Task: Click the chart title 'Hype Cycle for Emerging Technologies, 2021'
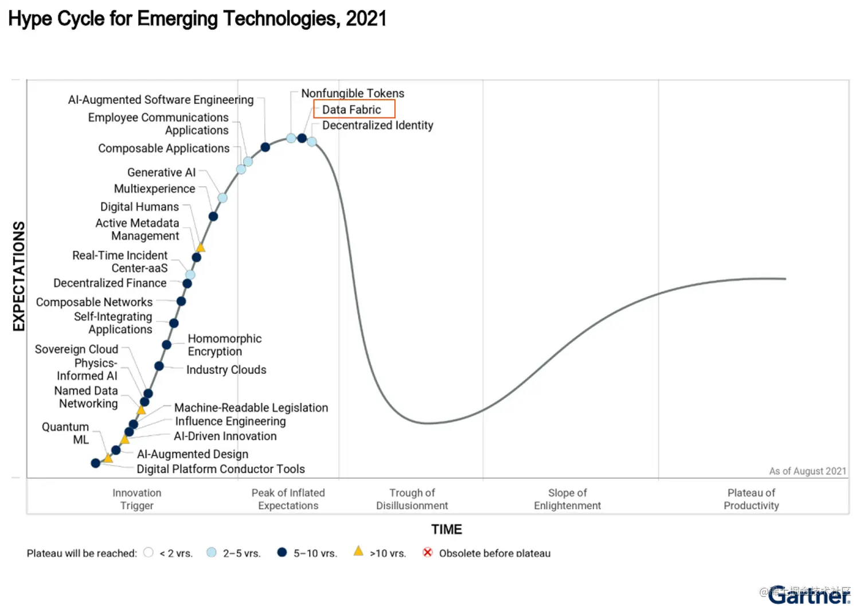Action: coord(197,19)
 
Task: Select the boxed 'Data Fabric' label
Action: coord(352,110)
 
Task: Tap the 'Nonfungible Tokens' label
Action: coord(353,93)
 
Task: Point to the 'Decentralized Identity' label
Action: coord(377,126)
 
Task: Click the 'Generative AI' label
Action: coord(161,173)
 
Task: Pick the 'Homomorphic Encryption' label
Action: coord(224,345)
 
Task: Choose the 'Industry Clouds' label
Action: coord(226,370)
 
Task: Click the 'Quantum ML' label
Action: coord(66,434)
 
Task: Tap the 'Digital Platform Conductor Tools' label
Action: coord(221,469)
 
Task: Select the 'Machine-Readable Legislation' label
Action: coord(251,408)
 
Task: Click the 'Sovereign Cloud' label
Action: coord(76,349)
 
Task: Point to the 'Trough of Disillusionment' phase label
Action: coord(412,499)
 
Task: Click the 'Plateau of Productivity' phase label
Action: coord(751,499)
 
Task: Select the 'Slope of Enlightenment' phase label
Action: coord(567,499)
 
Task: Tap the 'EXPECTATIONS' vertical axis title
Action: coord(19,276)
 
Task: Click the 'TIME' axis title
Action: coord(447,529)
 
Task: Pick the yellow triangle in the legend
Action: coord(358,552)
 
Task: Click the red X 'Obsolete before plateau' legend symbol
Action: coord(428,552)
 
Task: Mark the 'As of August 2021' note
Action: coord(807,471)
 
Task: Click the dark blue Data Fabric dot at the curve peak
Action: coord(302,138)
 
